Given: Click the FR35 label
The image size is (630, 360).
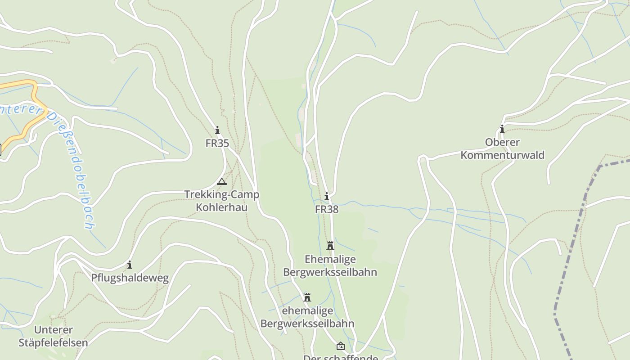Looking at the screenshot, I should click(x=217, y=144).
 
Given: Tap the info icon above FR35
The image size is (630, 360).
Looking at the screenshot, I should click(x=217, y=130).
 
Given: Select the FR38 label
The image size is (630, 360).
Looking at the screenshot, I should click(x=327, y=209).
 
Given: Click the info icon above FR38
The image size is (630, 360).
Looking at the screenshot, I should click(x=327, y=197).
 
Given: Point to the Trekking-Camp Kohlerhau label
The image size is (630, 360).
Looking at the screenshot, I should click(x=221, y=201).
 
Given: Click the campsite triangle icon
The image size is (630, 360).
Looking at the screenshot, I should click(x=221, y=182).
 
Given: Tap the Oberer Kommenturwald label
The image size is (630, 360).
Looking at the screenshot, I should click(x=502, y=149).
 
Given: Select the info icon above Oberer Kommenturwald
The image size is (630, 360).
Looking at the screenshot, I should click(x=502, y=130).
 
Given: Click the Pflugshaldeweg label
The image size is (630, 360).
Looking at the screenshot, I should click(x=130, y=278).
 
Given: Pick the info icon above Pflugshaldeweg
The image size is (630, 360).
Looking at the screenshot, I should click(x=130, y=265).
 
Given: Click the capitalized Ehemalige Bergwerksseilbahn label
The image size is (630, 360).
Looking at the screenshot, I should click(x=330, y=265).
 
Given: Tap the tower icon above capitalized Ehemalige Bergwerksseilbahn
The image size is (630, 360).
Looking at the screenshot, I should click(x=330, y=246).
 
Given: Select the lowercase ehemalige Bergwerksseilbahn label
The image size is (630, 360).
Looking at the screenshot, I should click(x=307, y=317).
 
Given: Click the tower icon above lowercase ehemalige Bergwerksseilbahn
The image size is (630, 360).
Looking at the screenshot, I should click(x=307, y=297).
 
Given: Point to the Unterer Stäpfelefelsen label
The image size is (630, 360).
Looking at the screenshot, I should click(x=53, y=336).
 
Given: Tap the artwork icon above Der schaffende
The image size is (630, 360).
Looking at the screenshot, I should click(x=341, y=346).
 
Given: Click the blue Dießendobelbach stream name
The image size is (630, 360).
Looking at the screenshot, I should click(x=72, y=166).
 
